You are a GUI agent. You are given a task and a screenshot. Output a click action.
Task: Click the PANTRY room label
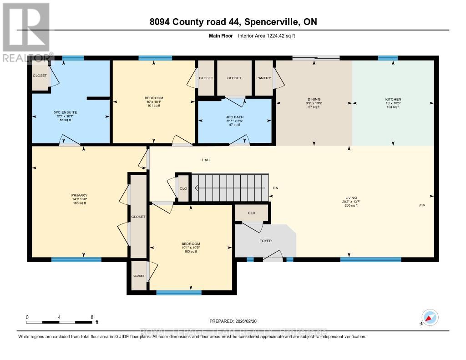tap(263, 78)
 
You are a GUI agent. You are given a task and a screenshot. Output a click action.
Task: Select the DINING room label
tap(314, 99)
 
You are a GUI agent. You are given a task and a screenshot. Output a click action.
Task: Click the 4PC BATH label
tap(235, 117)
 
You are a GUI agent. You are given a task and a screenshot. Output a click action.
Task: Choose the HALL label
tap(207, 160)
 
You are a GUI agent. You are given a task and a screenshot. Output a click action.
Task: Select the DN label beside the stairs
tap(276, 188)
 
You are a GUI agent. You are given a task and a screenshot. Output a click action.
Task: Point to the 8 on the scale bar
tap(92, 317)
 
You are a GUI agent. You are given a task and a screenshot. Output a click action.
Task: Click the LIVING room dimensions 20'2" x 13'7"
tap(350, 201)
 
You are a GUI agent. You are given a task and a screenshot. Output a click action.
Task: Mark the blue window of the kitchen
tap(388, 58)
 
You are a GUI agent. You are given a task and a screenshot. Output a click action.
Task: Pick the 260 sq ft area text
tap(350, 206)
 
